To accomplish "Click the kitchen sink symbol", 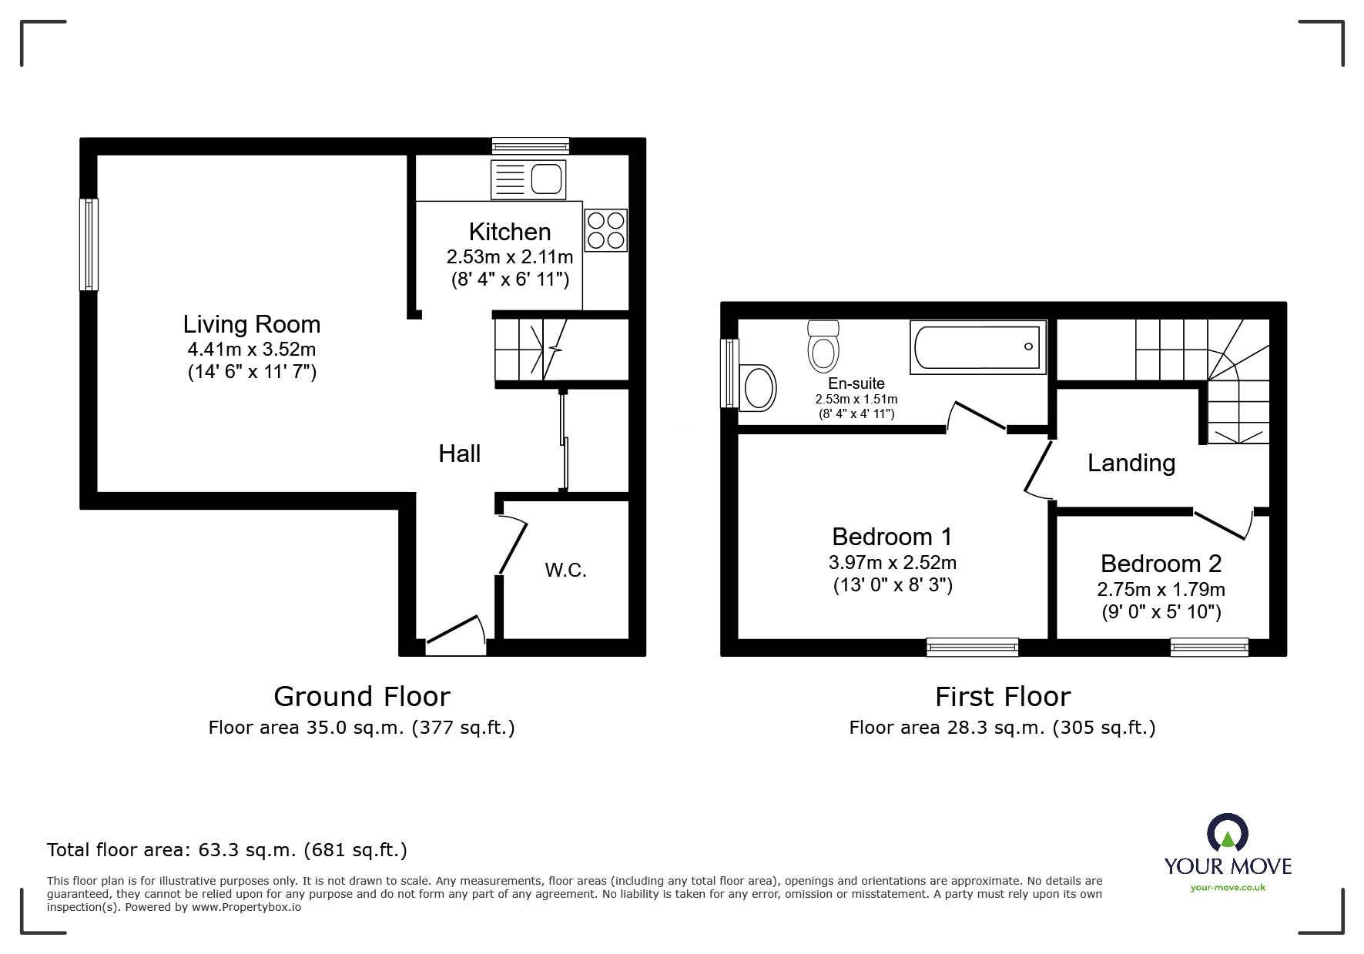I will pos(528,180).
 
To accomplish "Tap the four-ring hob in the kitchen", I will pos(605,230).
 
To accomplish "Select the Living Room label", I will pos(251,324).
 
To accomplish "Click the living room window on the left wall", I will pos(89,244).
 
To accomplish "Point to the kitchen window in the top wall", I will pos(531,146).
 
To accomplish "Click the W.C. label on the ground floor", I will pos(565,571).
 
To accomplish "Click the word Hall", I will pos(459,454).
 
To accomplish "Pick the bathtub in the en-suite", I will pos(977,347).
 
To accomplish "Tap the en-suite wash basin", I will pos(758,387).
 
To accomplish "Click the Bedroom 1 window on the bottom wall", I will pos(972,648).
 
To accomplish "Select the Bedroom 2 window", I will pos(1209,648).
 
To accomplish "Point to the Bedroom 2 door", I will pos(1222,524).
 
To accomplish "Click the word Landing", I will pos(1131,463).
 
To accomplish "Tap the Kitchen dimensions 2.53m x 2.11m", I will pos(510,256).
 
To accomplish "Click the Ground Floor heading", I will pos(361,697).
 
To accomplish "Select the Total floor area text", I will pos(226,850).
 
